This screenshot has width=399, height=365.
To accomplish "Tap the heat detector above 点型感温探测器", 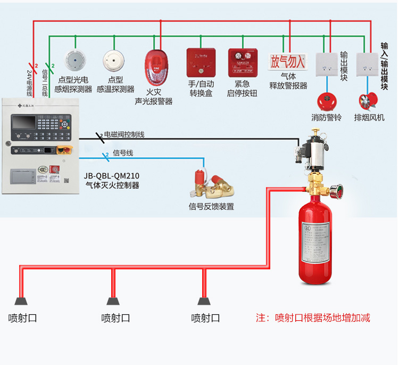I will (113, 60).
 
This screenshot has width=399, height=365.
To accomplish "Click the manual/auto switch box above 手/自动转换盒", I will (201, 62).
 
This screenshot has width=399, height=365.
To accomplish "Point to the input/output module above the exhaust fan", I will (367, 63).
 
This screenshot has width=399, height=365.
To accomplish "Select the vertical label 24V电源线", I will (29, 82).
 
